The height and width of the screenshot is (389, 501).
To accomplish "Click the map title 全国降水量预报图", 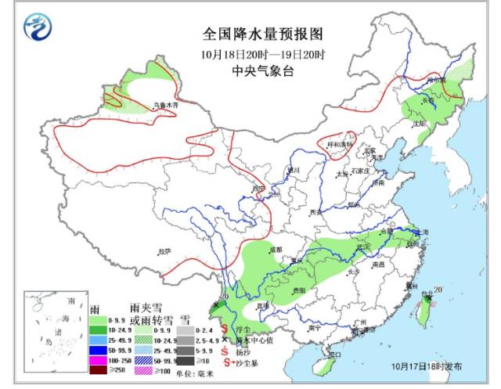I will coord(251,35).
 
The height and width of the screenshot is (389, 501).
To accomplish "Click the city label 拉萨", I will coord(164,251).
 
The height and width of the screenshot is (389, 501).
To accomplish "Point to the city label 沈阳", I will coord(420,124).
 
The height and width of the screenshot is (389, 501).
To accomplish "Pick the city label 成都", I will coord(274,249).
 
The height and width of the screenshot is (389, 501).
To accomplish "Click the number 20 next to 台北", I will coord(438,291).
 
